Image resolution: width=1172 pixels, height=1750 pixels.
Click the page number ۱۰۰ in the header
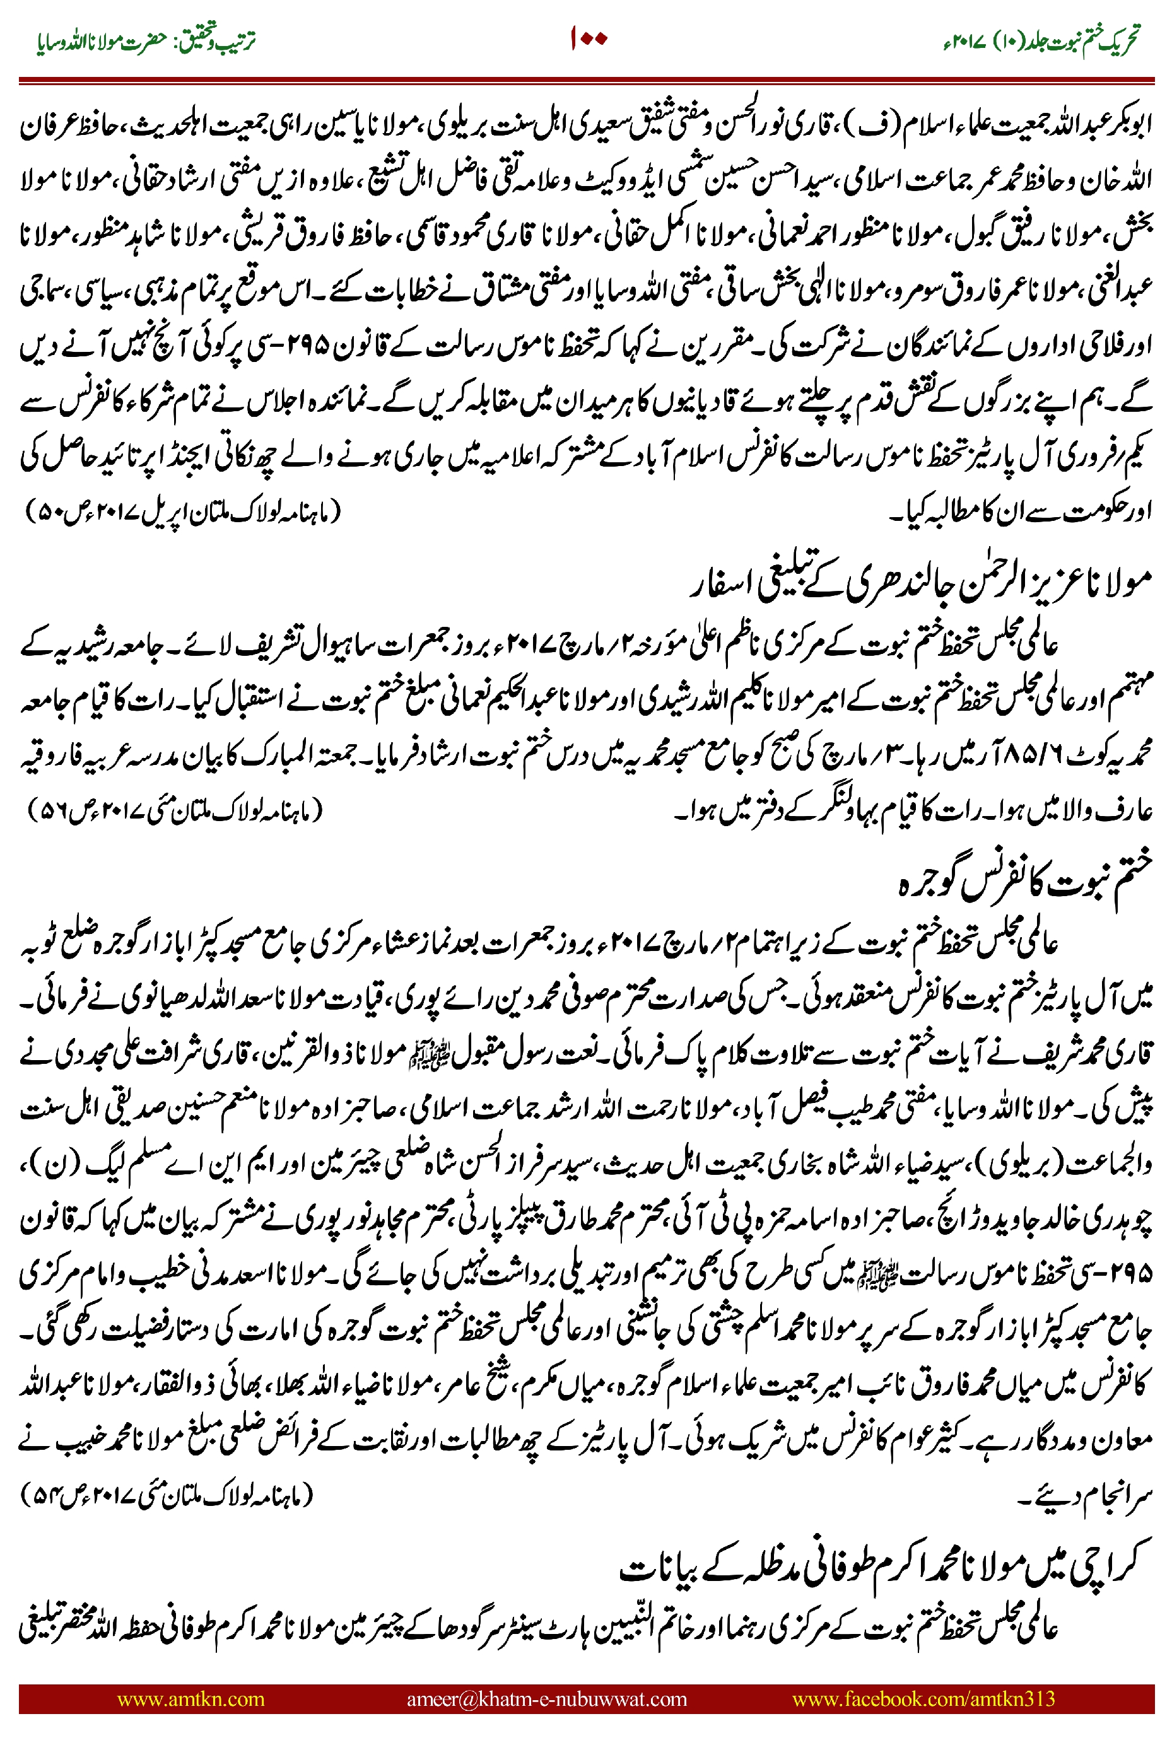click(589, 39)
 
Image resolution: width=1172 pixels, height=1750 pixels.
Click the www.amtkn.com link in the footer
click(190, 1698)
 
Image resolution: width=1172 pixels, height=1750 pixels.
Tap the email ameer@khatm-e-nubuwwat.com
click(546, 1698)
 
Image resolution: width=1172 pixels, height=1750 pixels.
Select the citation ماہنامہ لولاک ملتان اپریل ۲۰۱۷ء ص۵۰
click(183, 512)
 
